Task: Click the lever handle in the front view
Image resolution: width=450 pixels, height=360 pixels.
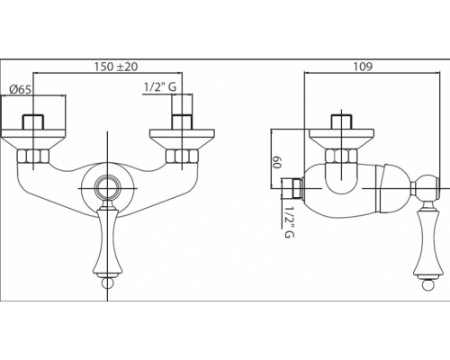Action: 107,243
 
